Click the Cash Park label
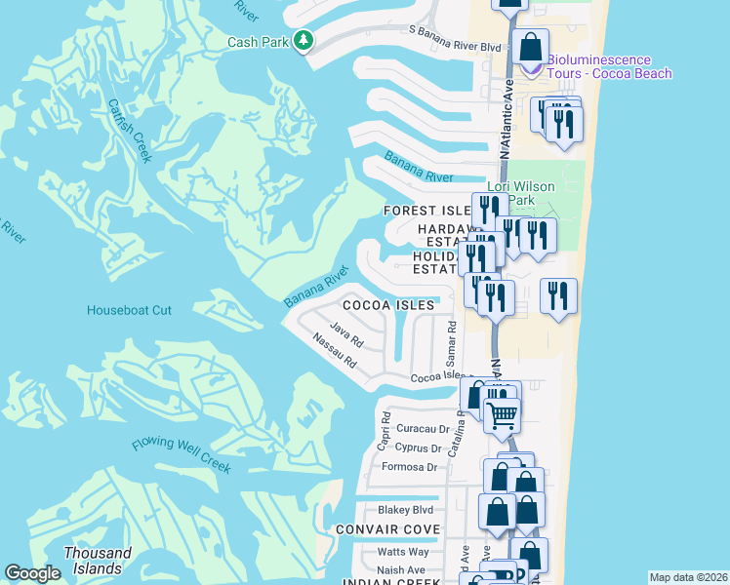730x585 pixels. (259, 42)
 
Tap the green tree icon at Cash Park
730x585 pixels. (304, 40)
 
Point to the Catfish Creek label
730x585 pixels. (130, 131)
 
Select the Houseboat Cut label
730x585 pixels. (129, 310)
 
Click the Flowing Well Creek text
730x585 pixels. (182, 455)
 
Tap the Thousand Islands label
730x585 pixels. (98, 560)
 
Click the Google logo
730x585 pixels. (33, 574)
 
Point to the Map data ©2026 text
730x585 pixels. (688, 577)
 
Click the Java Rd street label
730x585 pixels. (346, 335)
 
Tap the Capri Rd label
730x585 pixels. (385, 431)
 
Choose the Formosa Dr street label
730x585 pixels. (416, 467)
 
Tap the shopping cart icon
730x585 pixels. (503, 415)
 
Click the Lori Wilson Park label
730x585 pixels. (521, 193)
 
